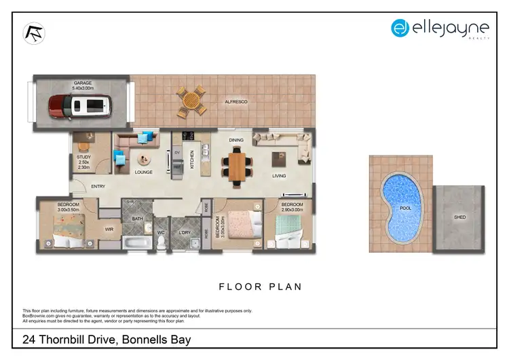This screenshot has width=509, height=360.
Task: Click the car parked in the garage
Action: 79,105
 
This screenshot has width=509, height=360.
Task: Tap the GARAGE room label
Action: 83,85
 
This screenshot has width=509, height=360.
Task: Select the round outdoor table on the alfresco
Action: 192,100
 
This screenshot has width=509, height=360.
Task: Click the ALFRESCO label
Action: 236,102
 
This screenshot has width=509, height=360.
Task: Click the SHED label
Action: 459,218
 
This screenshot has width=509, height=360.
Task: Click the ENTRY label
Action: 98,187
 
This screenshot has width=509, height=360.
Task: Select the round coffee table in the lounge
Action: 143,160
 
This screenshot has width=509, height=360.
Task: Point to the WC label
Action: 161,232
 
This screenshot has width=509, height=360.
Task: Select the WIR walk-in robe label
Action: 109,229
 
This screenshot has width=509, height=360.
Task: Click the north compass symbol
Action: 35,33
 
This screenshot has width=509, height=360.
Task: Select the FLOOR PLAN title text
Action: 260,287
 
